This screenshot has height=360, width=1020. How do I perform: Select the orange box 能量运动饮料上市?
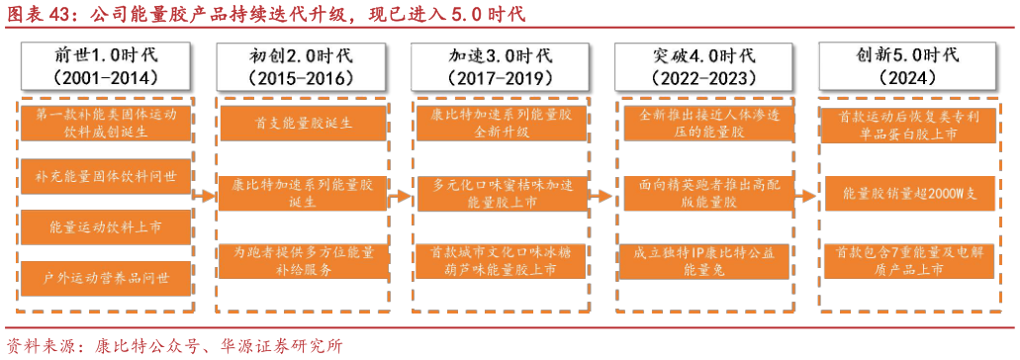pos(105,226)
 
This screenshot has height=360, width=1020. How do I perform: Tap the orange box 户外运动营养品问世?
pos(105,276)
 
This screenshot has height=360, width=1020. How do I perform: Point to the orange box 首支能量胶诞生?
pos(304,125)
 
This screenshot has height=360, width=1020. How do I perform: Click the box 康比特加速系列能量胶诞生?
pos(304,193)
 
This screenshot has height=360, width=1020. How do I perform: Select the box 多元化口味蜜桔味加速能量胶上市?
pos(502,193)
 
